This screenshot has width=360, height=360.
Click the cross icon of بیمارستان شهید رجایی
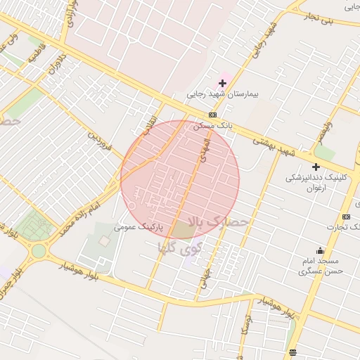click(x=223, y=83)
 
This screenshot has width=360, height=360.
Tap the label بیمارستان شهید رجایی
click(x=223, y=94)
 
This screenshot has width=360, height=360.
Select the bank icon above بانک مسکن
click(x=212, y=115)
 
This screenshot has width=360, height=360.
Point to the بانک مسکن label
click(x=213, y=125)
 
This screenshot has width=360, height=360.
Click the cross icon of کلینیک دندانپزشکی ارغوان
click(x=316, y=167)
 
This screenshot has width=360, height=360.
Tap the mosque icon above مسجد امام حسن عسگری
click(x=321, y=251)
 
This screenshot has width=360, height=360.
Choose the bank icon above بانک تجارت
click(x=346, y=217)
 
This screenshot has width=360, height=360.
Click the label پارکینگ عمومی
click(x=139, y=228)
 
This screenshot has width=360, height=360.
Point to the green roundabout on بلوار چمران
click(x=39, y=250)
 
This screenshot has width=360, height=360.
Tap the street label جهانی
click(x=206, y=276)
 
